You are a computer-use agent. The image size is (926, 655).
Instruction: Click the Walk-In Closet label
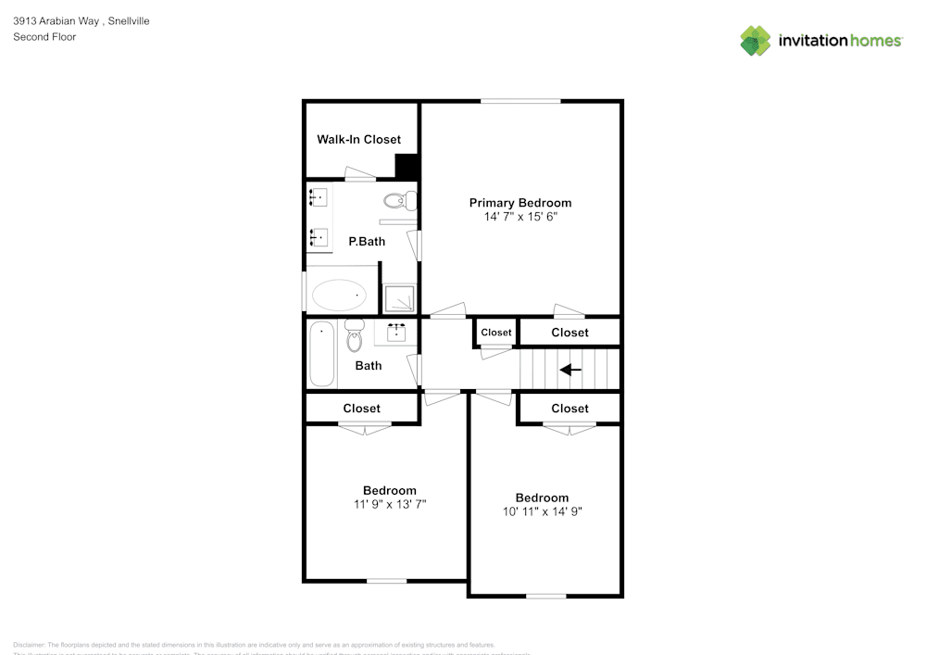359,140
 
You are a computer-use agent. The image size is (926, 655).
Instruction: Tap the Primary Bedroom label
519,203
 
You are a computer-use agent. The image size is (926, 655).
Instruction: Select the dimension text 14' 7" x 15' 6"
519,217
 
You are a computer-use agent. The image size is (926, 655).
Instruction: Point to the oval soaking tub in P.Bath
338,296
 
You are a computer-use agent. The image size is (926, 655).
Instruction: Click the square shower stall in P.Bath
399,298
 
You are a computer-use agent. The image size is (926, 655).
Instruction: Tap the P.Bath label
367,242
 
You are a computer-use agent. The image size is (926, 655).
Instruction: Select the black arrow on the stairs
570,370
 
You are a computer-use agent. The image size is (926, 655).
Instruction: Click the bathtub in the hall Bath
321,354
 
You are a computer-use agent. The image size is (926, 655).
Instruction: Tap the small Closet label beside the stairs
495,333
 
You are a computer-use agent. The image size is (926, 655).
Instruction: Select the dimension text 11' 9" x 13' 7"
389,505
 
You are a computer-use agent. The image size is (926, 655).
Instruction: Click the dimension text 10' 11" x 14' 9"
542,511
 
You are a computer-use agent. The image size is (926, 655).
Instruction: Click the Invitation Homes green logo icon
755,41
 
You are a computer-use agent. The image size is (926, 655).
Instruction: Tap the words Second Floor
44,37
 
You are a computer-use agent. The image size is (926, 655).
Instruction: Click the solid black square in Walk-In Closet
407,166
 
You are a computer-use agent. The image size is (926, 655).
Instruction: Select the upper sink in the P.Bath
319,197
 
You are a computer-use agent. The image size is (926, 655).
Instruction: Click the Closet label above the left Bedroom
361,409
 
